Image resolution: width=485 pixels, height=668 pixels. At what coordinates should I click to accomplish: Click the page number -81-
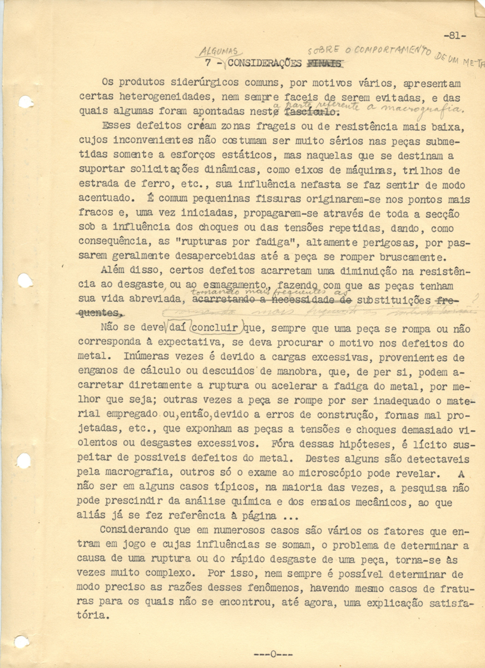454,36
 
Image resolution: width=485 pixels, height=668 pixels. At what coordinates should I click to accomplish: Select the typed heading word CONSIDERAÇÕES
265,63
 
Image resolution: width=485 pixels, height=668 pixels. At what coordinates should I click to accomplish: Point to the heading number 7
207,64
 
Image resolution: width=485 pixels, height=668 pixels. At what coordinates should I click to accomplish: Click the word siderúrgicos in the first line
192,84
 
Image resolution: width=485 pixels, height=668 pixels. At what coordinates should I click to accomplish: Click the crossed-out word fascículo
318,110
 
